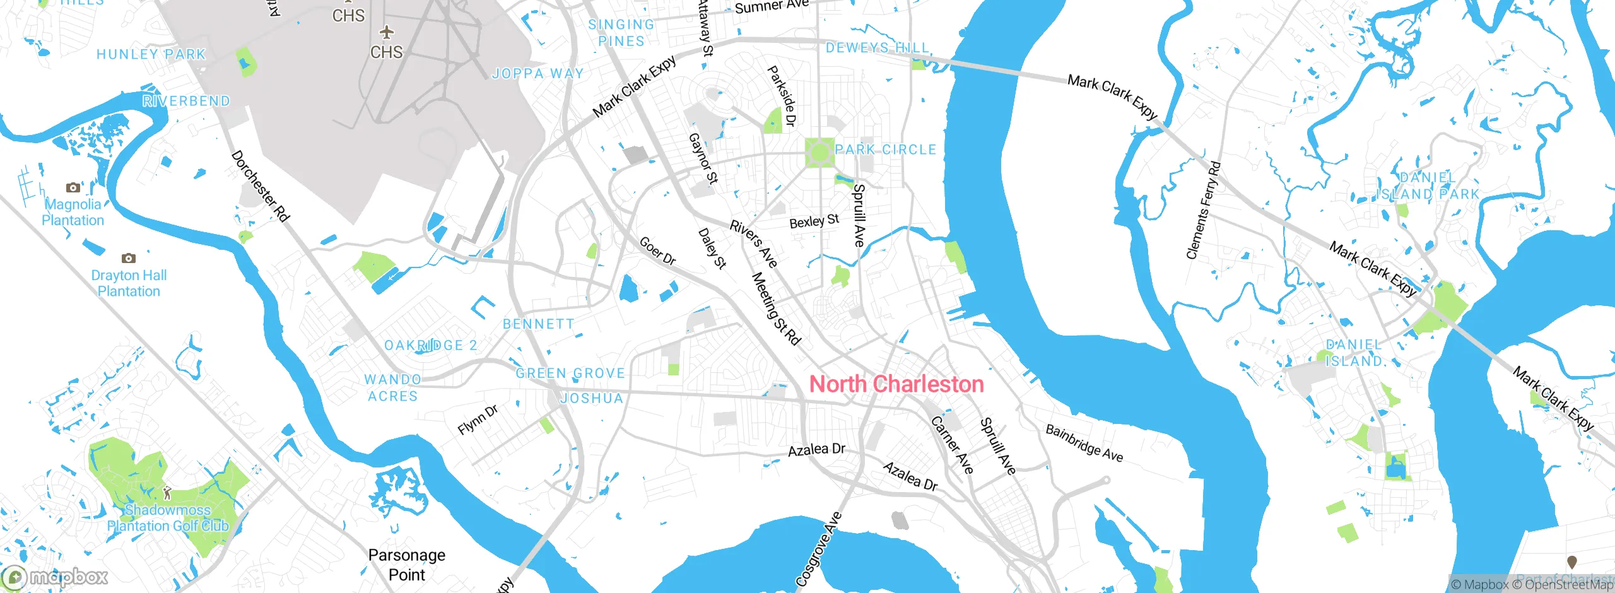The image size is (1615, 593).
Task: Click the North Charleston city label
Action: (x=896, y=384)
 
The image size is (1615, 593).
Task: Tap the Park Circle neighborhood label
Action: (x=885, y=150)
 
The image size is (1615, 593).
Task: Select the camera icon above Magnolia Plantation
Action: (x=73, y=187)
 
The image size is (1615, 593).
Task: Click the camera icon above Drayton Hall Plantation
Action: (x=129, y=258)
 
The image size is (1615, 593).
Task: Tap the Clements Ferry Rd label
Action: (x=1203, y=211)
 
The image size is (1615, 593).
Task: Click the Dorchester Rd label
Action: (x=260, y=186)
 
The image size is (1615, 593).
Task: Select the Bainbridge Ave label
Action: (x=1084, y=443)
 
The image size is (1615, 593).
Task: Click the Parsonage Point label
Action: (x=407, y=565)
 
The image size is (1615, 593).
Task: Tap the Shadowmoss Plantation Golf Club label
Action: (x=168, y=518)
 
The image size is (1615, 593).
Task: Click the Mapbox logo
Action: (x=56, y=577)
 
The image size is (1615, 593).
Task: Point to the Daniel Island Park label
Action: (x=1428, y=186)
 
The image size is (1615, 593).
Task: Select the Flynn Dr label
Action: (x=478, y=420)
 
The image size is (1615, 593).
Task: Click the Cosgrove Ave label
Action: (x=818, y=549)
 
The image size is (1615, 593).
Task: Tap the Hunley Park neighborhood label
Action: (x=151, y=54)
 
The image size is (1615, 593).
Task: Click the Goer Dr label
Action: (x=657, y=251)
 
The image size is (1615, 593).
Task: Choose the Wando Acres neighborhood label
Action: (x=392, y=387)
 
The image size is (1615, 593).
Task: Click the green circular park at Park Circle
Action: (x=819, y=152)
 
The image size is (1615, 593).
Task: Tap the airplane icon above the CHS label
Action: (x=386, y=32)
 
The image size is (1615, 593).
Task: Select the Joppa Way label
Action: (x=537, y=73)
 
